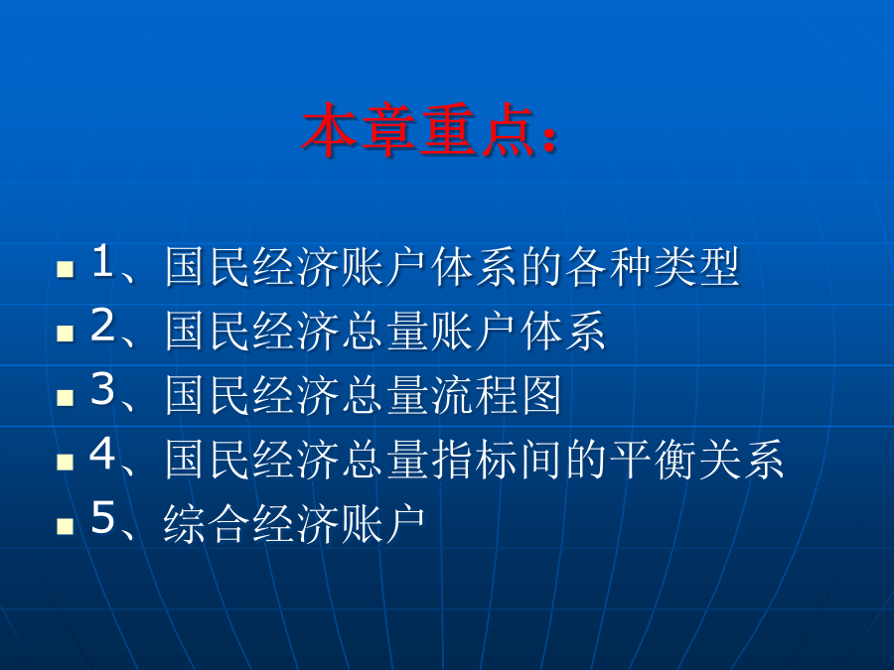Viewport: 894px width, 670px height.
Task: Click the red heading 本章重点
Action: [x=418, y=130]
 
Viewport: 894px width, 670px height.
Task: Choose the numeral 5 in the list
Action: [x=102, y=518]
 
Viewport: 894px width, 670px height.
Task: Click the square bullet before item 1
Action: [x=66, y=269]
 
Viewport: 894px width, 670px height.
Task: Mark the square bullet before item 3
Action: [x=66, y=397]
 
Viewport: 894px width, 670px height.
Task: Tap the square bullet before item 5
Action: [x=66, y=525]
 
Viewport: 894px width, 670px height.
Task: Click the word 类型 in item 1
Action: [x=696, y=267]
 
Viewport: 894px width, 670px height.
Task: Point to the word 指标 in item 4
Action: [x=475, y=460]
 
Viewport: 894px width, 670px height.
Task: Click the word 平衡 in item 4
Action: [x=653, y=460]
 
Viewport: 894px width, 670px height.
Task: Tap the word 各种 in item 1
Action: [x=608, y=267]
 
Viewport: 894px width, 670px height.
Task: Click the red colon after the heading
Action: [x=548, y=138]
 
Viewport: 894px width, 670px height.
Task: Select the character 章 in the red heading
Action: [x=389, y=130]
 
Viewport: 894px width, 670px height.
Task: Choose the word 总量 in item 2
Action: [x=386, y=331]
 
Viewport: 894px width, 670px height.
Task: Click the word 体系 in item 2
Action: [x=563, y=331]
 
